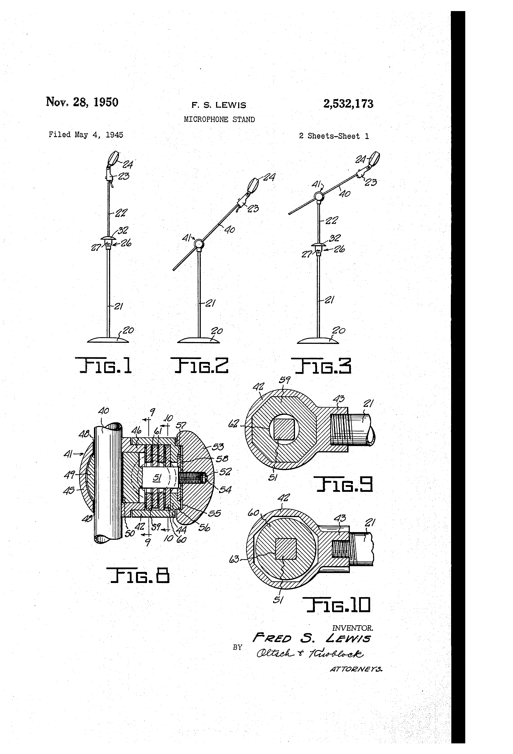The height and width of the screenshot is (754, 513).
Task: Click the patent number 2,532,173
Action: pos(348,104)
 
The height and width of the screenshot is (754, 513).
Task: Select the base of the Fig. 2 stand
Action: pos(198,340)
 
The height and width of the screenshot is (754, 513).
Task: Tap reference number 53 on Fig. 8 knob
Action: pos(218,447)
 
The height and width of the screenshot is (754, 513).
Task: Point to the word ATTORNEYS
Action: pos(356,669)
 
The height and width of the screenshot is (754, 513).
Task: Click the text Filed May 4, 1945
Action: pos(86,135)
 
